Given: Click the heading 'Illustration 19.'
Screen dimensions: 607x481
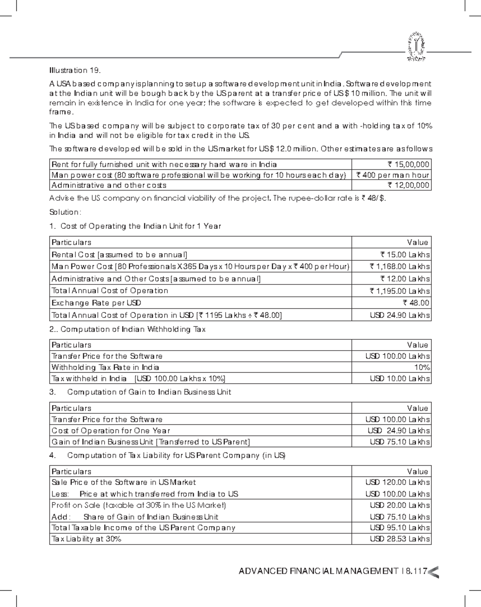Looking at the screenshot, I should [x=74, y=71].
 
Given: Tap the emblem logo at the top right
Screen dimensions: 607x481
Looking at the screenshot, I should [x=416, y=47].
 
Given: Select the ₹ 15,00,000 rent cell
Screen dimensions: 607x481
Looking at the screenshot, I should [x=408, y=164].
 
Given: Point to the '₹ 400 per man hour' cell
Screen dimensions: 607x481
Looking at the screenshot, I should [x=393, y=175].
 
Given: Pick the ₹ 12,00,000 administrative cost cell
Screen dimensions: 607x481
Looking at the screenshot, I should [x=408, y=185].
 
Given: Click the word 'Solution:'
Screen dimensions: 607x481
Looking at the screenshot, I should [x=65, y=212].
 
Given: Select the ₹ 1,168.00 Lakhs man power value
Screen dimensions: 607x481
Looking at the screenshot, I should [x=400, y=266].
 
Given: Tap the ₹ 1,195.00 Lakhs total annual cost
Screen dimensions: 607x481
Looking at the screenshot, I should [x=400, y=291].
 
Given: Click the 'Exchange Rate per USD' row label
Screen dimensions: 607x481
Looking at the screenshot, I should [x=96, y=303].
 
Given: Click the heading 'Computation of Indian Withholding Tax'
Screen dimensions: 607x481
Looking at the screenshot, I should [x=133, y=329].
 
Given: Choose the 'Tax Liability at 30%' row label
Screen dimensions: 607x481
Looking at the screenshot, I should [x=86, y=539].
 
